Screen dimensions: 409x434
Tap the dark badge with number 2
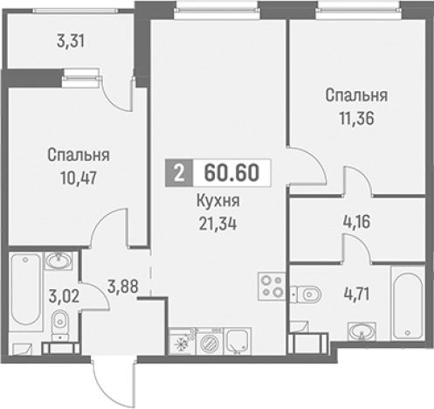[179, 173]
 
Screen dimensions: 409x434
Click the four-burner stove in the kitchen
[270, 285]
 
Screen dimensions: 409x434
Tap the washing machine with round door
[209, 342]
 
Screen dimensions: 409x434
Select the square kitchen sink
[236, 342]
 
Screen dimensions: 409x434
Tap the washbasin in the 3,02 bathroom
[58, 260]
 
